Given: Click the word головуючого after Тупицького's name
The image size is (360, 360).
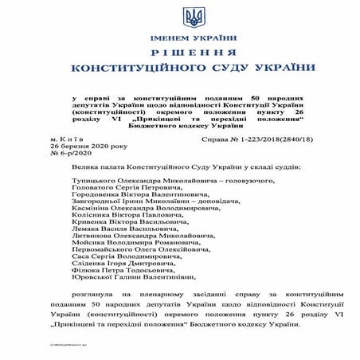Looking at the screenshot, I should coord(233,183).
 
